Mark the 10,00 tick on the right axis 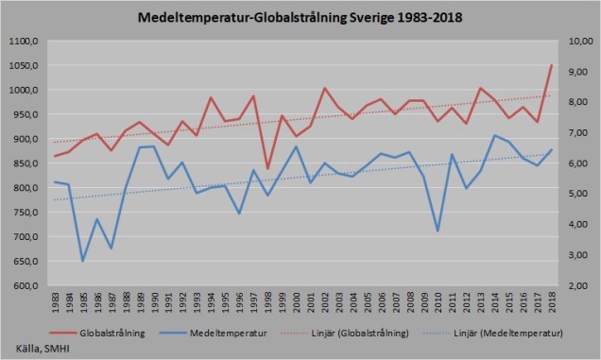coord(577,42)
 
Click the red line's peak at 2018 coord(552,65)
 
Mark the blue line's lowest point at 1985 coord(83,261)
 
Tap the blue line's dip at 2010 coord(438,231)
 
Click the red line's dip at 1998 coord(267,168)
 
